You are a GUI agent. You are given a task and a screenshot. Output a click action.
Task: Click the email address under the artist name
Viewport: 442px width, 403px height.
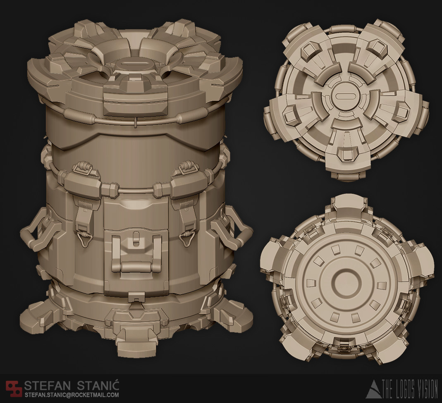(72, 395)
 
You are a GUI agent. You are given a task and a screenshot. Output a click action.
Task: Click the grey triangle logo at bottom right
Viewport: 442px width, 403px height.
(373, 389)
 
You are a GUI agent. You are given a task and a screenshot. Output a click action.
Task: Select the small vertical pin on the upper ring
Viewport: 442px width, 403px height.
(136, 122)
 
